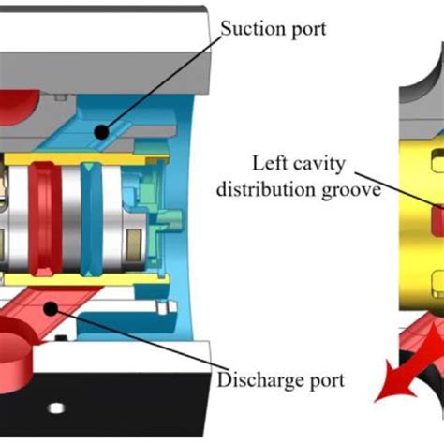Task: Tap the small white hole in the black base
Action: coord(57,408)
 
